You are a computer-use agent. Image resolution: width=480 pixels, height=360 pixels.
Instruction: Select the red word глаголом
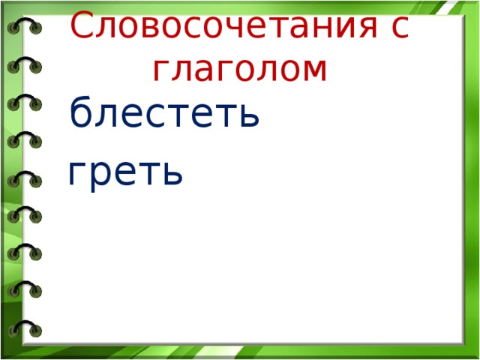coord(239,70)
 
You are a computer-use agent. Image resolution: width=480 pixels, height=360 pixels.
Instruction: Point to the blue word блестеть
coord(164,115)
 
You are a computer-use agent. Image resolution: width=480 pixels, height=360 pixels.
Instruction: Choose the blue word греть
coord(124,174)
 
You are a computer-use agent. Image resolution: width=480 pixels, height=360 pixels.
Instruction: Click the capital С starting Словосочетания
coord(82,28)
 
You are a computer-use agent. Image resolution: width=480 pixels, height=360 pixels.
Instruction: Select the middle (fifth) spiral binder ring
coord(25,178)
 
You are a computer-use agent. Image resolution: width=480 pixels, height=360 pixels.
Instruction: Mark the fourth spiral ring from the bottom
coord(25,215)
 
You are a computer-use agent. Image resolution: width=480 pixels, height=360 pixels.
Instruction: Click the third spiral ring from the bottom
coord(25,251)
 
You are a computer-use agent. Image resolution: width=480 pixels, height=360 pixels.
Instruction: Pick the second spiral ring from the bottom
coord(25,289)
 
